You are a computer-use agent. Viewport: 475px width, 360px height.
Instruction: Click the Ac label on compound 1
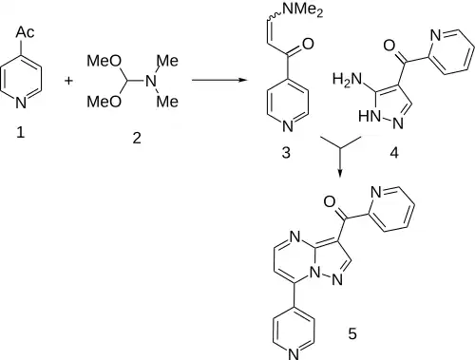[25, 32]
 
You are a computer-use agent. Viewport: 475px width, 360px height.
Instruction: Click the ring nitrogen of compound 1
[21, 103]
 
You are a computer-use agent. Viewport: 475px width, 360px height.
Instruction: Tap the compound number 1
[21, 132]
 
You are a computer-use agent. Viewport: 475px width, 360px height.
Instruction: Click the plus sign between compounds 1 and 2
[68, 81]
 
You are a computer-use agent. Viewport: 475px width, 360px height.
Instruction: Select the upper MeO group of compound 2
[104, 61]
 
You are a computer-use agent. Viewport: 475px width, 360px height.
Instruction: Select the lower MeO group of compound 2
[104, 102]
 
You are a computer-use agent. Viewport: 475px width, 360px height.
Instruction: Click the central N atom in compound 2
[151, 82]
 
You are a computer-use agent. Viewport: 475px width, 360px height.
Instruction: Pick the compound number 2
[137, 138]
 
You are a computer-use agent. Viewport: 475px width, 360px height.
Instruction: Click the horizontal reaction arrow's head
[243, 80]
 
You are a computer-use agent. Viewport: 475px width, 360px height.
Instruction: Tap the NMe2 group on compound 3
[303, 9]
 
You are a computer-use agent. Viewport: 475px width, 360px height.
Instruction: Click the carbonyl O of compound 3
[308, 44]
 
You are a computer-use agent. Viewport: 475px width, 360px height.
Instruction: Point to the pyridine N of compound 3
[288, 126]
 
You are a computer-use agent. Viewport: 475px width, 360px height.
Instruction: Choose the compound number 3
[286, 153]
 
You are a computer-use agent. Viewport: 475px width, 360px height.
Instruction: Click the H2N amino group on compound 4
[347, 79]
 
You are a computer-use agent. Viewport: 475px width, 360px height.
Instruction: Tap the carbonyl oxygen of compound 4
[389, 46]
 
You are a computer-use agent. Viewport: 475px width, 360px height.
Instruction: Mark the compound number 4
[394, 153]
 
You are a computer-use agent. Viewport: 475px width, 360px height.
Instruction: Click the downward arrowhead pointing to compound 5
[340, 174]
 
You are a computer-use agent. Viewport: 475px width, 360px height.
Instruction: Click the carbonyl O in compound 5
[330, 201]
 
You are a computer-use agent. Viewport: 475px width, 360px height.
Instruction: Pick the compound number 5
[352, 333]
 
